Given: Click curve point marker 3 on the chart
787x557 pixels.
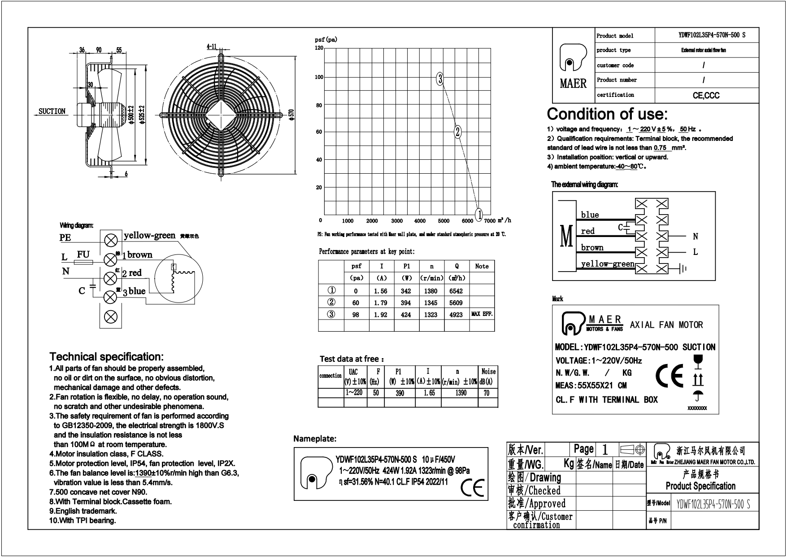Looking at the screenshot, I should pyautogui.click(x=440, y=79).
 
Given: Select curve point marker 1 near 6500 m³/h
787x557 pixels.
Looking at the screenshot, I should pyautogui.click(x=479, y=214).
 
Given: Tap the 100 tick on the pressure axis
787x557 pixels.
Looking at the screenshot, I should pyautogui.click(x=319, y=77).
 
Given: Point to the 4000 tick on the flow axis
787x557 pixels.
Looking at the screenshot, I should pyautogui.click(x=420, y=221).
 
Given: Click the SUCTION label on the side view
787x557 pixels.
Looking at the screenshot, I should pyautogui.click(x=52, y=111).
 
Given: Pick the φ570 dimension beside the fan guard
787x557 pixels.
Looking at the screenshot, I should pyautogui.click(x=291, y=115).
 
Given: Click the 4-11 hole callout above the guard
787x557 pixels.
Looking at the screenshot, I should pyautogui.click(x=212, y=46).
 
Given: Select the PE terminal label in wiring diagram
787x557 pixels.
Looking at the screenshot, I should pyautogui.click(x=65, y=238).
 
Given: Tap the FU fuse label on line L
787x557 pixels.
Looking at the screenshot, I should pyautogui.click(x=83, y=254).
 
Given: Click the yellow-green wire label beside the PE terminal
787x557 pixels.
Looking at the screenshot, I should pyautogui.click(x=149, y=236).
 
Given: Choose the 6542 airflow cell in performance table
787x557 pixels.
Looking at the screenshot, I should pyautogui.click(x=456, y=291).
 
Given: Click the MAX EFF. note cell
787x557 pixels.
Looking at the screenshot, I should pyautogui.click(x=482, y=314).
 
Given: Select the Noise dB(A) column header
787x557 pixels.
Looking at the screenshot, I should pyautogui.click(x=488, y=377).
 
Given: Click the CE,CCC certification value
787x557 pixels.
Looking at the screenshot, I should pyautogui.click(x=706, y=95).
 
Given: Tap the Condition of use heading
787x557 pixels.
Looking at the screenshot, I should pyautogui.click(x=607, y=114).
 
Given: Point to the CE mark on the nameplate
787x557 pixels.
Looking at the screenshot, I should pyautogui.click(x=473, y=488).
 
